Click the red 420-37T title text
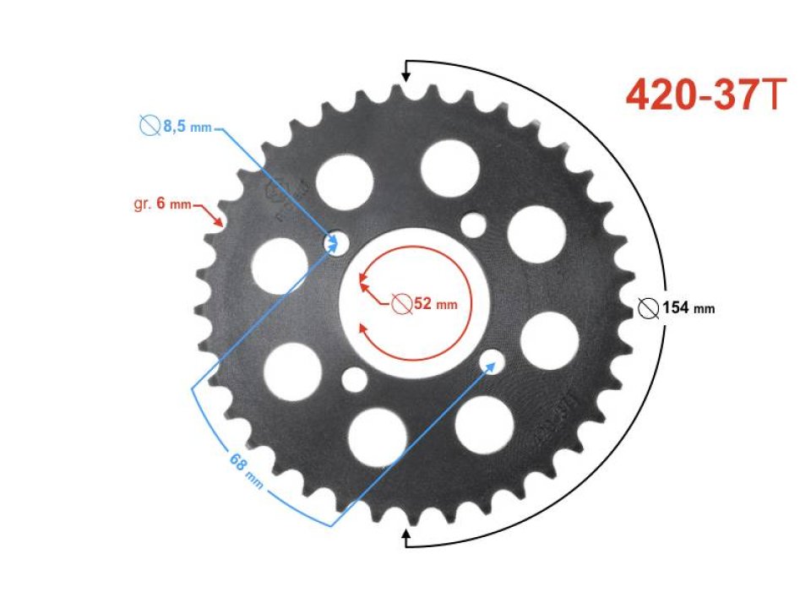706,96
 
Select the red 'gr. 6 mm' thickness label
163,204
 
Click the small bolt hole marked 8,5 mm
336,242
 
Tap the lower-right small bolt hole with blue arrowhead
492,363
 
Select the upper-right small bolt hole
474,225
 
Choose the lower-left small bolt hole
354,380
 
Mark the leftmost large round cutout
280,265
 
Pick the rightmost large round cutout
549,340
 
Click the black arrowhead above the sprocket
406,76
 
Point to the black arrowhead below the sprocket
406,534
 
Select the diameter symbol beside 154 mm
648,308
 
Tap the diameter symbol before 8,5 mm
150,127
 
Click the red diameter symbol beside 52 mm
402,303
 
